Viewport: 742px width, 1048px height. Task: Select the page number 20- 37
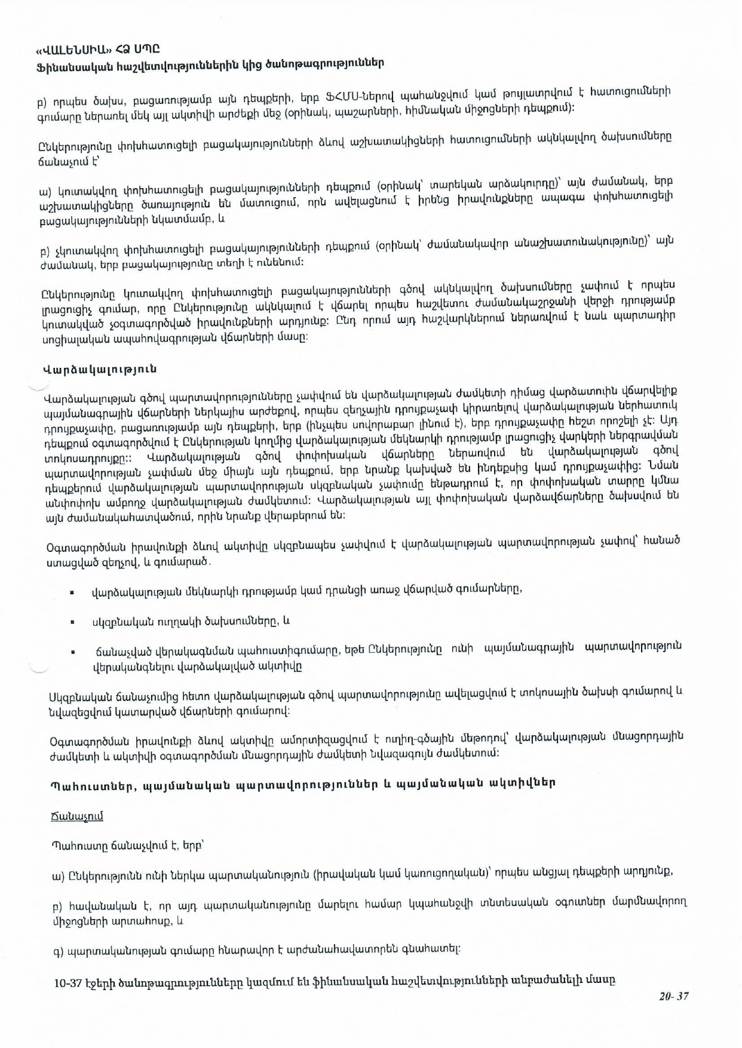coord(674,995)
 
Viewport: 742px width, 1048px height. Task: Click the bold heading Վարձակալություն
coord(100,369)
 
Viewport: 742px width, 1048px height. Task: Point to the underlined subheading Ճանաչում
coord(77,816)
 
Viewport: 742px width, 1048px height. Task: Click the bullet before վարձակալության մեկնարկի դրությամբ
coord(72,593)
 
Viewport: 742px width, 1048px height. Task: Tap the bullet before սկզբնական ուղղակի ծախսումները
coord(72,622)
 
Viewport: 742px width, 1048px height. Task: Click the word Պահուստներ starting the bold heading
coord(87,785)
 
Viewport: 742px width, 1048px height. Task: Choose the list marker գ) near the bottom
coord(59,949)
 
